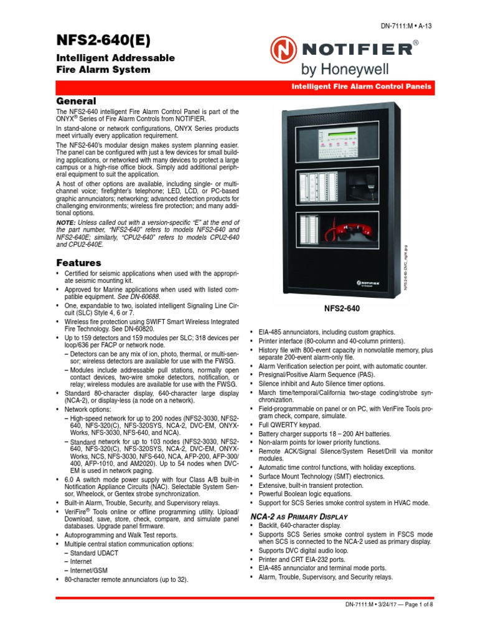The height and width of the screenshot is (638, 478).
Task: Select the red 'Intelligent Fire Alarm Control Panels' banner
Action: pyautogui.click(x=362, y=87)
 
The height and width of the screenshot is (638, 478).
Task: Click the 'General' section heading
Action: pyautogui.click(x=76, y=101)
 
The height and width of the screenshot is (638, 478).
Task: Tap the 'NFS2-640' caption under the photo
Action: pyautogui.click(x=342, y=308)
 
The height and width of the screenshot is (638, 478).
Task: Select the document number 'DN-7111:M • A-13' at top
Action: pyautogui.click(x=406, y=26)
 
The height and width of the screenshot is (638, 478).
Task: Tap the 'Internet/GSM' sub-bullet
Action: pyautogui.click(x=93, y=570)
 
